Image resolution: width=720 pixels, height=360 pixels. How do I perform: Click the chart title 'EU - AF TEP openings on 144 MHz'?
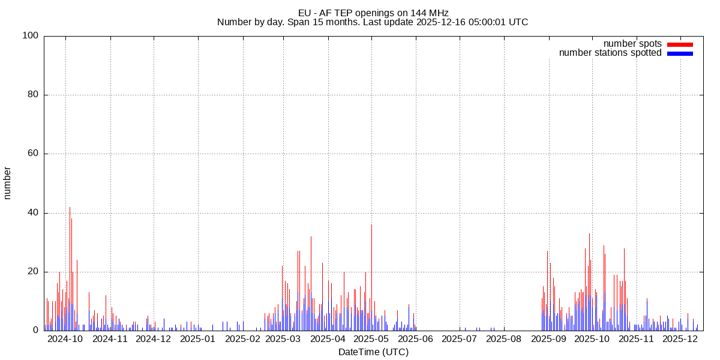coord(373,13)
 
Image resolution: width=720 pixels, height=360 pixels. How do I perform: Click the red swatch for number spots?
coord(680,44)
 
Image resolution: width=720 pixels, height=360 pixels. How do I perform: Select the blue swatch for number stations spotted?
coord(680,53)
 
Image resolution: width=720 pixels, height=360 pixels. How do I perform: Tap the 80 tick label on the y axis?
coord(34,95)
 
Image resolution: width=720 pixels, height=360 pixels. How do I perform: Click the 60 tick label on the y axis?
coord(34,154)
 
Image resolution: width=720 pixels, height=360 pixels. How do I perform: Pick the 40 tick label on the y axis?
coord(34,213)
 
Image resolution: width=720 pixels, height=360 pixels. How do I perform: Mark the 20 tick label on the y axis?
coord(34,272)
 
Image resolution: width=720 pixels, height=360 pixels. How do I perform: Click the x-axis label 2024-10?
coord(65,339)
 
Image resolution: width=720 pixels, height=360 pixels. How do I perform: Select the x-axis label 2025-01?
coord(198,339)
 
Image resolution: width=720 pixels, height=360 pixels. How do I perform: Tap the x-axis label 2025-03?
coord(283,339)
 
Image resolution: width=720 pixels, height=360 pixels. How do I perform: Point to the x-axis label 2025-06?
coord(415,339)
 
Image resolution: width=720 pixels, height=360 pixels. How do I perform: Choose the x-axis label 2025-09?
coord(548,339)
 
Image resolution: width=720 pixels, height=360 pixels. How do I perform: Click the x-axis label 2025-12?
coord(680,339)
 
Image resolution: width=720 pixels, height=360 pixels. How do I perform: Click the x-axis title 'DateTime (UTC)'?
coord(373,352)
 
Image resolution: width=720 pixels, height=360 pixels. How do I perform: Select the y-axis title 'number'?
coord(8,183)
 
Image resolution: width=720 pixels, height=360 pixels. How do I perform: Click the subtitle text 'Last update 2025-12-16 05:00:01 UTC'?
coord(471,22)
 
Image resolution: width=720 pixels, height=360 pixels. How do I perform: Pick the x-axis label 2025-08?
coord(503,339)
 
